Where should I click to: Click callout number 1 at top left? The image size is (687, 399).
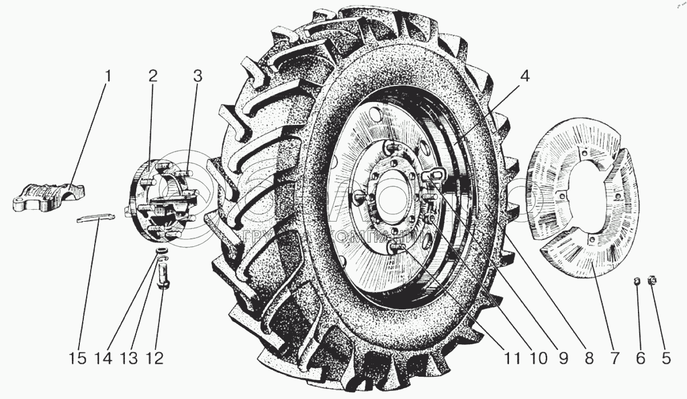[108, 76]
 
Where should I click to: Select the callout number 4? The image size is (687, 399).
[524, 76]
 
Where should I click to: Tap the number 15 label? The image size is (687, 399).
[78, 359]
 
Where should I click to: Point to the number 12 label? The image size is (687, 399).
[155, 359]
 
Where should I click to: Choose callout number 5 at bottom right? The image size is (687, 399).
[664, 359]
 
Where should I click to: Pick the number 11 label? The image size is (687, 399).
[512, 359]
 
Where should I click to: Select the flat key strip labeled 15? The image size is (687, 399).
[96, 218]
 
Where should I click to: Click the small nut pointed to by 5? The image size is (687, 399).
[653, 280]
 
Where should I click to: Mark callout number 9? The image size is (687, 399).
[563, 359]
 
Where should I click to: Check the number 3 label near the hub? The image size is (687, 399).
[196, 76]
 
